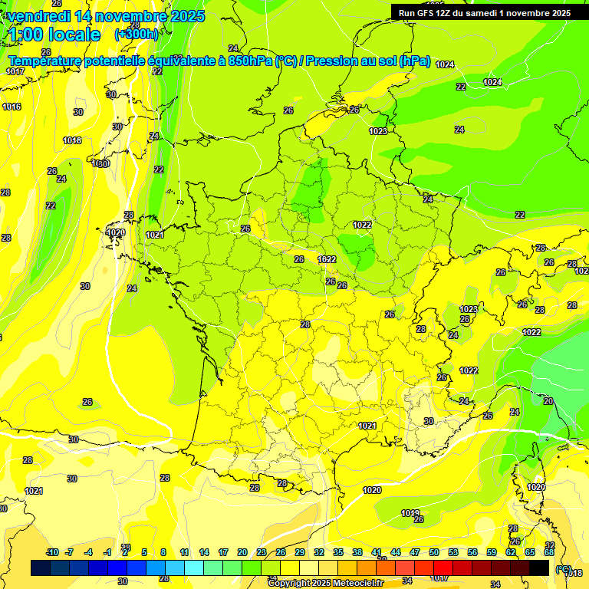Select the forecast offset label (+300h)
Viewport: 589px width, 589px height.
point(136,35)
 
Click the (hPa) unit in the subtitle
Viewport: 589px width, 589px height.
point(415,61)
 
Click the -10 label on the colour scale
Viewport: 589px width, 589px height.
point(52,552)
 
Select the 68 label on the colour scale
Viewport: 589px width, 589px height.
point(549,552)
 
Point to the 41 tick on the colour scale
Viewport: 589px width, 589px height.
point(377,552)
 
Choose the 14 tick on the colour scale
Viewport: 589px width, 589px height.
point(204,552)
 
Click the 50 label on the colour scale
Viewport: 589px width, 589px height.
point(434,552)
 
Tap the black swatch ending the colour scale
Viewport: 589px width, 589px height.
point(539,568)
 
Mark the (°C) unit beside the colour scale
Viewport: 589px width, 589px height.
point(564,569)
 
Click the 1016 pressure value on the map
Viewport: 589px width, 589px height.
point(12,107)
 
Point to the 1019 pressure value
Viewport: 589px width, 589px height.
point(410,513)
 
